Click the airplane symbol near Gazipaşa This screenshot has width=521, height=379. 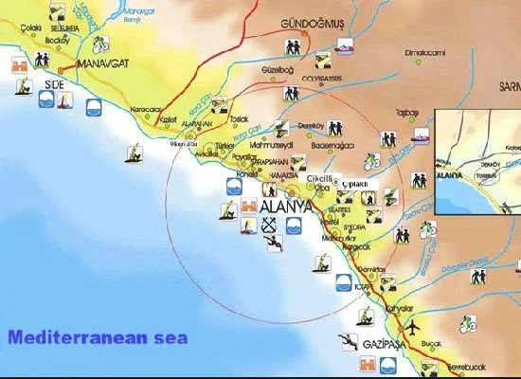coord(412,328)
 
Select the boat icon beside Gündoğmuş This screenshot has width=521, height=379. coord(346,43)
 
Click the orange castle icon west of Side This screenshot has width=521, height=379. coord(21,64)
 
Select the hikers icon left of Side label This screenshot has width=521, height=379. coord(41,59)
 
